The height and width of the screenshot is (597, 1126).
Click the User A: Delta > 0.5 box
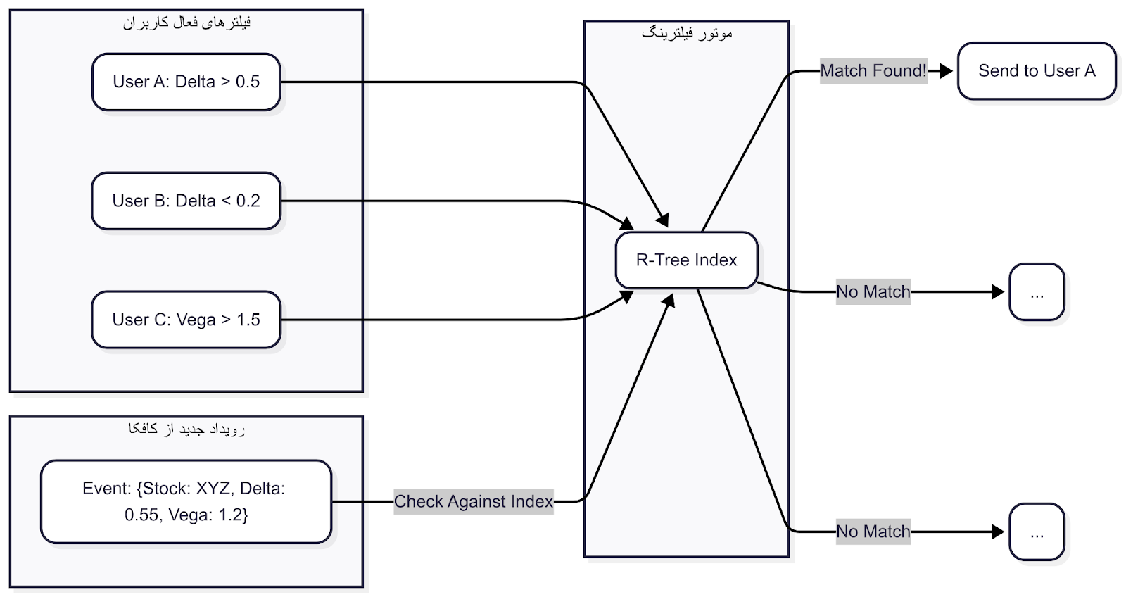186,82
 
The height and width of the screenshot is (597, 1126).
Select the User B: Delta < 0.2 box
186,201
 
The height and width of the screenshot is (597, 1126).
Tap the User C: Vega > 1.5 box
186,320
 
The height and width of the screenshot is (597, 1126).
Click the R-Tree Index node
686,260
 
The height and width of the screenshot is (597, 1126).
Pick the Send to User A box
1037,70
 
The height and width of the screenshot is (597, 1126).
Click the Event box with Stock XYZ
186,501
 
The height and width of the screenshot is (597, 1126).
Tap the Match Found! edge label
873,70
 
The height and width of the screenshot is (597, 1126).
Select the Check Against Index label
473,501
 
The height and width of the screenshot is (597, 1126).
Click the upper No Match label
873,291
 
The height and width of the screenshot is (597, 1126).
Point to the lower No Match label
873,532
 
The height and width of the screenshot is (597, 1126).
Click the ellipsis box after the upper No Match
1037,292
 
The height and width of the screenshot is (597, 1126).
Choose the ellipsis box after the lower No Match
1037,532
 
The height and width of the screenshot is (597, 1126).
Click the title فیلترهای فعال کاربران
186,23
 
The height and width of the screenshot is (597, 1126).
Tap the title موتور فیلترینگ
687,33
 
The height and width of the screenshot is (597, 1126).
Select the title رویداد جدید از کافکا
186,429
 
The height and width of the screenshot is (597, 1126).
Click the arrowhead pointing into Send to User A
947,70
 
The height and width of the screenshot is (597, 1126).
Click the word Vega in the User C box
196,320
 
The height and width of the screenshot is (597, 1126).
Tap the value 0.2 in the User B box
248,201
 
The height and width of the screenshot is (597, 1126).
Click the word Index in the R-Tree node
716,260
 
